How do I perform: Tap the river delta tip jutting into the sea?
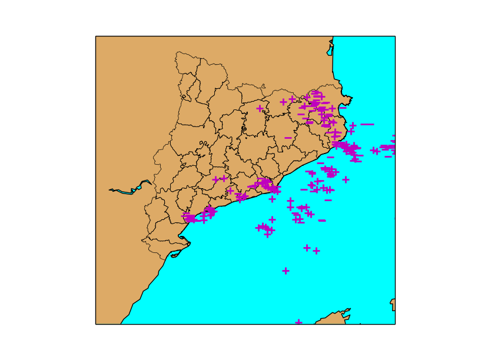point(189,242)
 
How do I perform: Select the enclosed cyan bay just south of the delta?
point(175,255)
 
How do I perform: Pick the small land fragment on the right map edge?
point(393,304)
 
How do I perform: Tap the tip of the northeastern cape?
point(351,98)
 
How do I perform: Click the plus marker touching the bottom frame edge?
point(298,322)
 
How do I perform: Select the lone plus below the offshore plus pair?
point(286,271)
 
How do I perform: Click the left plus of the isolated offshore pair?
point(307,248)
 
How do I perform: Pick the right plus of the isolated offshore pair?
point(316,251)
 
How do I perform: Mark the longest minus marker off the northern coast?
point(367,124)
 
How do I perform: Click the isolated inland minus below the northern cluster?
point(288,138)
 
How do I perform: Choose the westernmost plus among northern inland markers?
point(260,108)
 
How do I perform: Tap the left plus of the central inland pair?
point(215,179)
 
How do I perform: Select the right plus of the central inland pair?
point(224,178)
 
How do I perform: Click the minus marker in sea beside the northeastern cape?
point(343,108)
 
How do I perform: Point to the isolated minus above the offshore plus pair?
point(322,220)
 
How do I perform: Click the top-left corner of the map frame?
point(96,36)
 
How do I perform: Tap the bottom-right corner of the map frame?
point(395,324)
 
